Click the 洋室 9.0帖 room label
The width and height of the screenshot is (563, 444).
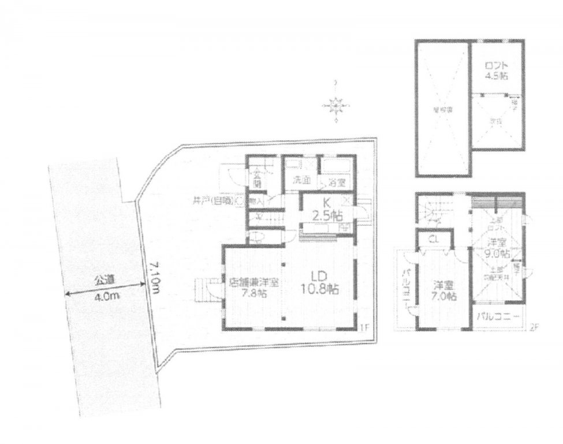click(495, 249)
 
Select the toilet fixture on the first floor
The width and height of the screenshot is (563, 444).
click(256, 237)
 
